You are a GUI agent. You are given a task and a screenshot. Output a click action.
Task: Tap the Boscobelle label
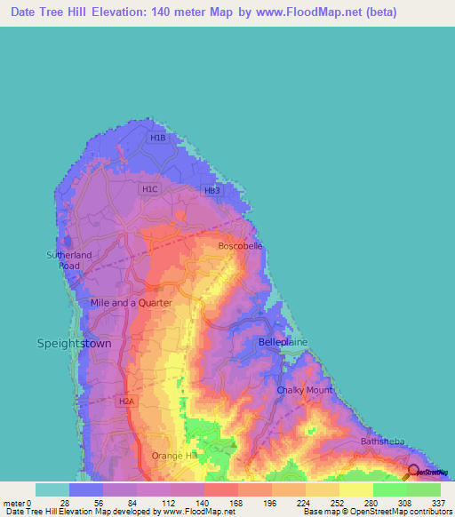(x=240, y=246)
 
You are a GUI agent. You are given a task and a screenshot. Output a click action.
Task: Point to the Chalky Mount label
(x=304, y=390)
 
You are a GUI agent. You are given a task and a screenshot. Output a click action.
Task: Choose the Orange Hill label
(x=174, y=456)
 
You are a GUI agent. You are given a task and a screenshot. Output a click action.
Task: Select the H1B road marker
(x=158, y=139)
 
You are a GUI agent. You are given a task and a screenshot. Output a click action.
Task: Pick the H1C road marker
(x=149, y=189)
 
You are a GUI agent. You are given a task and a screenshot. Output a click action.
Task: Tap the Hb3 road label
(x=212, y=191)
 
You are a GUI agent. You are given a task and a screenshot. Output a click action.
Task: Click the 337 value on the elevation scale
(x=437, y=503)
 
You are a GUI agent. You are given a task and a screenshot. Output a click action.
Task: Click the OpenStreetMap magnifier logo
(x=414, y=471)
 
